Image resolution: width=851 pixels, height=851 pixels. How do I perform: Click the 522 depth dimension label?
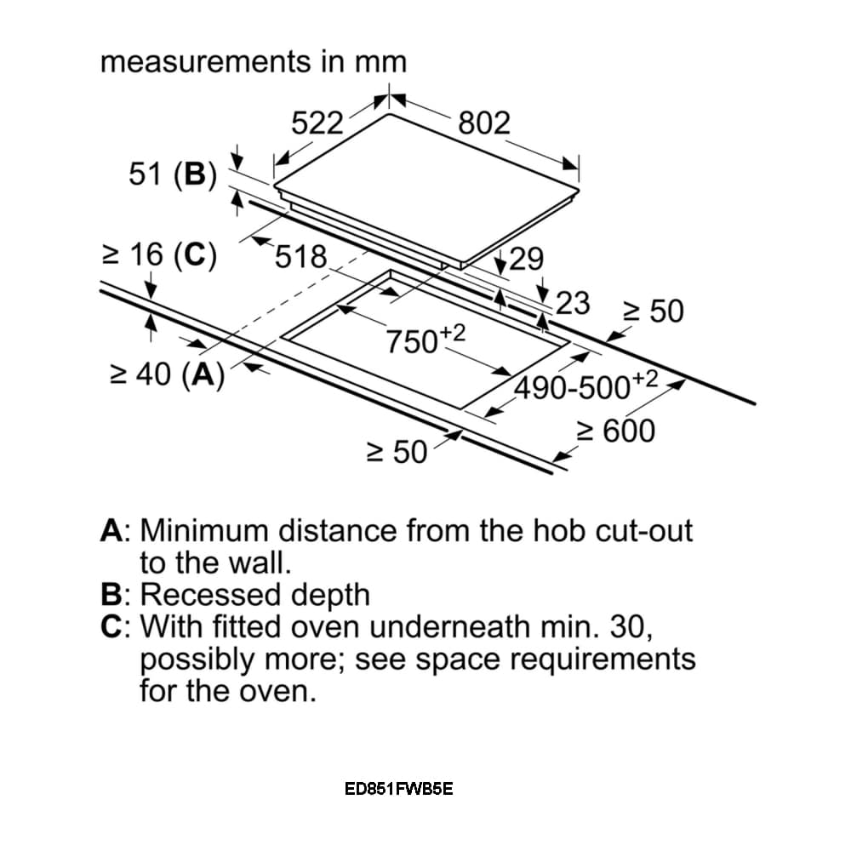coord(317,123)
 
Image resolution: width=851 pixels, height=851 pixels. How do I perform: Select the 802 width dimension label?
coord(484,123)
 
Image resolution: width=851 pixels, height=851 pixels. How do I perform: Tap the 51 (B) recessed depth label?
coord(173,174)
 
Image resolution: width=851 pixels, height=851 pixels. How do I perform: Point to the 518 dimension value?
coord(301,257)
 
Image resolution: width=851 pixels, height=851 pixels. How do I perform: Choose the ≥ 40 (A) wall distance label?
coord(167,374)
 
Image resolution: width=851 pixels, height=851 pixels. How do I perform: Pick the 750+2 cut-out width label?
coord(425,340)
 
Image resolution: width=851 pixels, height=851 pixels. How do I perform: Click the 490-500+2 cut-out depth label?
coord(586,386)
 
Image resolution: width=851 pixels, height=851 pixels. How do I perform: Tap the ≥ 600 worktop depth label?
coord(616,431)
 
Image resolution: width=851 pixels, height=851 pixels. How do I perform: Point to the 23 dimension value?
coord(573,304)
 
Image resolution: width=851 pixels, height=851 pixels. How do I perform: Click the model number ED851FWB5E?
coord(398,789)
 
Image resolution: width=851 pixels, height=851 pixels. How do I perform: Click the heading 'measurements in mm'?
coord(254,61)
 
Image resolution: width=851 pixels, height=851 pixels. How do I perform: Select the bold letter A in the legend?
coord(111,530)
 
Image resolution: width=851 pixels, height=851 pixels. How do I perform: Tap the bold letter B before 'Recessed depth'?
coord(111,594)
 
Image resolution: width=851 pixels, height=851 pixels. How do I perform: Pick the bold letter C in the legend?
coord(111,626)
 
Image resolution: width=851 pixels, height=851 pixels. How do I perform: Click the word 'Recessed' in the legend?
coord(211,594)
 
